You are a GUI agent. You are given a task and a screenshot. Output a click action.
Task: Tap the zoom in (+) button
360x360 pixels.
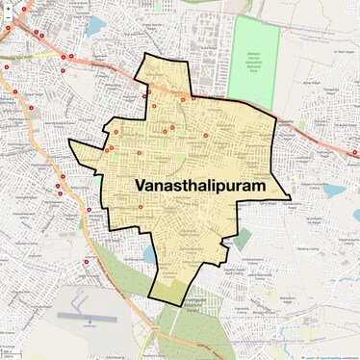(8, 7)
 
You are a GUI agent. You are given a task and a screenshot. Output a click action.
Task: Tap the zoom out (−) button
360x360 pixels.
(8, 18)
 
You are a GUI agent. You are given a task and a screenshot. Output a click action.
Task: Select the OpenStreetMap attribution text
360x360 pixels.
(332, 356)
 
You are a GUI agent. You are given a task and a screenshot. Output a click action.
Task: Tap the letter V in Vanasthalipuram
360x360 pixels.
(116, 184)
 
